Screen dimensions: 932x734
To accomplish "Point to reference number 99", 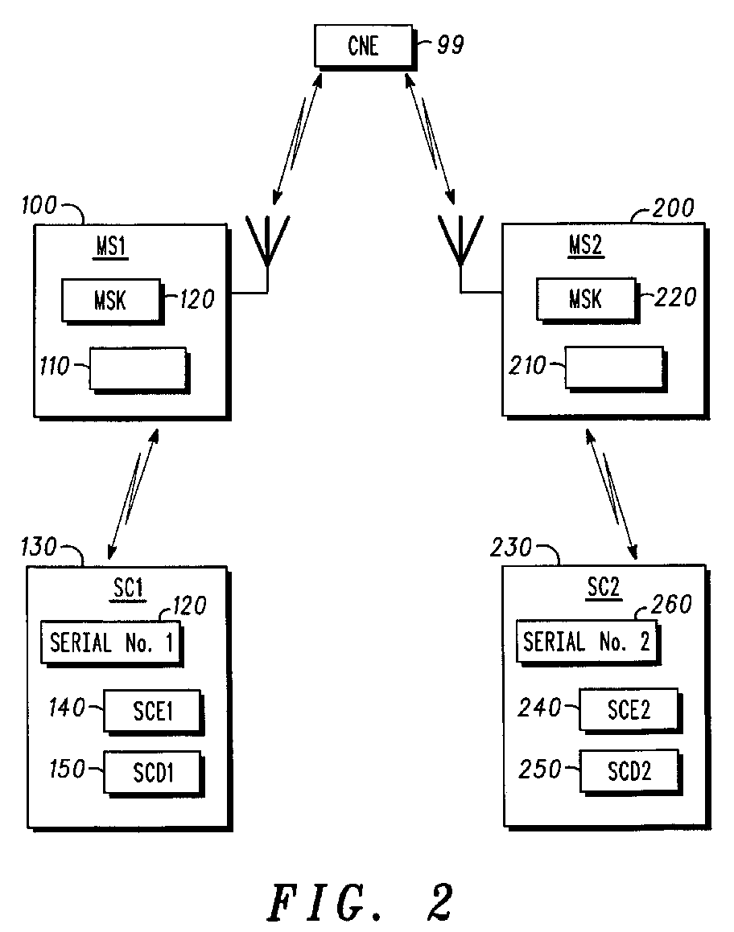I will click(x=450, y=45).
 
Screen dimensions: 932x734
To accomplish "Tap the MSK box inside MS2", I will click(x=585, y=299).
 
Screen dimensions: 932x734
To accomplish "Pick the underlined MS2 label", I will click(x=587, y=247).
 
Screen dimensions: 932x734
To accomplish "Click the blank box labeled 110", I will click(x=138, y=369).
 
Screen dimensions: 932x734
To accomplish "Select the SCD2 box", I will click(x=629, y=770).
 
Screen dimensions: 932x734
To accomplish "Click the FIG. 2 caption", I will click(x=361, y=901).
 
